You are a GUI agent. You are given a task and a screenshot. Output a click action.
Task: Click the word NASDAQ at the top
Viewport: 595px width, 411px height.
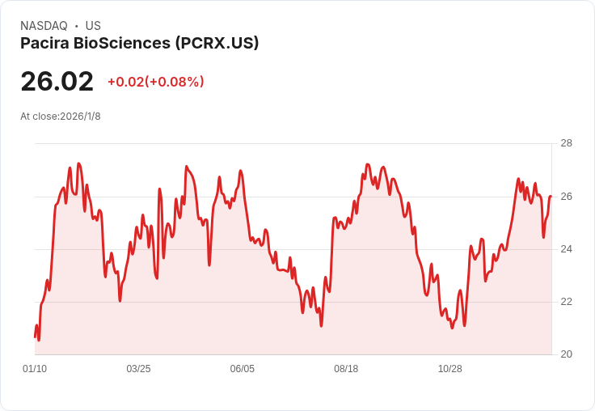pyautogui.click(x=44, y=26)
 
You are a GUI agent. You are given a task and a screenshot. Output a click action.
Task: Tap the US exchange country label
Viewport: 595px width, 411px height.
pyautogui.click(x=93, y=26)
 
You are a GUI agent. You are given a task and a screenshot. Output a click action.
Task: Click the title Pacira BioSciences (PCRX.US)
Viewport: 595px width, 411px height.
pyautogui.click(x=140, y=44)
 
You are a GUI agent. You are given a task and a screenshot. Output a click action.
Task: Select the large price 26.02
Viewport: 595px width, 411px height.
pyautogui.click(x=57, y=81)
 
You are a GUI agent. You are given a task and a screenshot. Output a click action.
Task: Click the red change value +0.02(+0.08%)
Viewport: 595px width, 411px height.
pyautogui.click(x=155, y=82)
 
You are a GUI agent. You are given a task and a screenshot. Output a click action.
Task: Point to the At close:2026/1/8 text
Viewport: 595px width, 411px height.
pyautogui.click(x=61, y=117)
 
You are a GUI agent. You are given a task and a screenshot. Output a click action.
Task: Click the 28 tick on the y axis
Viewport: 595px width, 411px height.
pyautogui.click(x=566, y=144)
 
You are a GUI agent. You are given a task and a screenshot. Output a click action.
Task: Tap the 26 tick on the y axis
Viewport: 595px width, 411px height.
pyautogui.click(x=566, y=197)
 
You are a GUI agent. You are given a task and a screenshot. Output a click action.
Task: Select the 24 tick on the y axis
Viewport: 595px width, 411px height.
pyautogui.click(x=566, y=249)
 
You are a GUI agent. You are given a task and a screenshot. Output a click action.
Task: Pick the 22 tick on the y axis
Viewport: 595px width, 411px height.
pyautogui.click(x=566, y=302)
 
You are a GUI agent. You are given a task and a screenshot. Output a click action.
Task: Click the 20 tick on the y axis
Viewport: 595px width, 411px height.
pyautogui.click(x=566, y=354)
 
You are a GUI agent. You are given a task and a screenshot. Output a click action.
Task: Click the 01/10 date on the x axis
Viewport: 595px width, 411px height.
pyautogui.click(x=35, y=369)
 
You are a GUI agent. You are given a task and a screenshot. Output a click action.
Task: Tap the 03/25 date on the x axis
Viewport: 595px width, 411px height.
pyautogui.click(x=138, y=369)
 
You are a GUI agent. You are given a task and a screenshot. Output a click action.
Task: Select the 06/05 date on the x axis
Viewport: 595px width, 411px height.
pyautogui.click(x=242, y=369)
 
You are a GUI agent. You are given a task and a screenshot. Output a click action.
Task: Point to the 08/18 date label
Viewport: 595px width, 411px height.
pyautogui.click(x=346, y=369)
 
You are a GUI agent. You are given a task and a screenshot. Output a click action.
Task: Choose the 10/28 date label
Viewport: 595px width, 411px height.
pyautogui.click(x=449, y=369)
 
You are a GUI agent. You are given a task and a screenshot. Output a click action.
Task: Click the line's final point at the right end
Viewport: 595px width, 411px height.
pyautogui.click(x=551, y=197)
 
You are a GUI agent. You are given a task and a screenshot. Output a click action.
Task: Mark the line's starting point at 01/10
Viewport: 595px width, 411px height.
pyautogui.click(x=35, y=337)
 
